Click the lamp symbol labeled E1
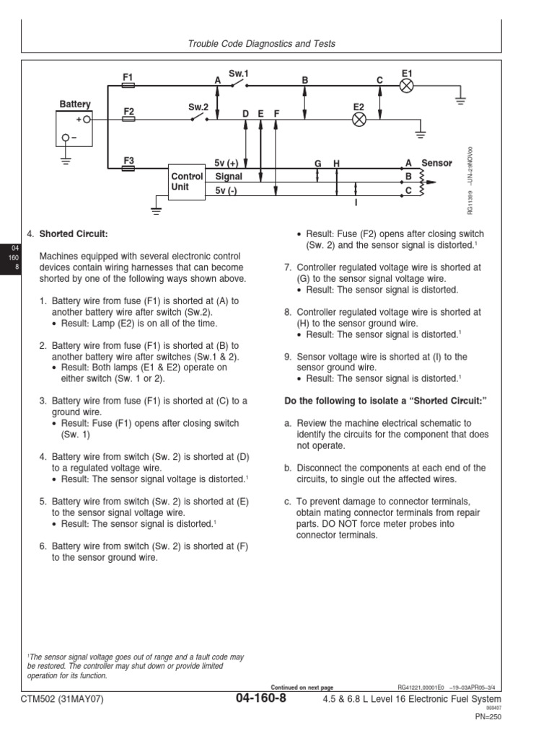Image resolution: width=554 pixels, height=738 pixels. [x=406, y=86]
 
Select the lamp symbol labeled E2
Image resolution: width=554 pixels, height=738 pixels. [x=359, y=120]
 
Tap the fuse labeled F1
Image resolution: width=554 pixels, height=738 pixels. [x=129, y=85]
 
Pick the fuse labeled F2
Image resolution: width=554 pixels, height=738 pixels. [x=129, y=120]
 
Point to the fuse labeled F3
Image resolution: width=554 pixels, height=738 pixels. [x=129, y=168]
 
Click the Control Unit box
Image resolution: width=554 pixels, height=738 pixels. [x=186, y=181]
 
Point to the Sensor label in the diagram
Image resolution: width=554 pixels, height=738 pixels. [x=436, y=164]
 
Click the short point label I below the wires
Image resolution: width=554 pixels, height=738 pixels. [x=356, y=204]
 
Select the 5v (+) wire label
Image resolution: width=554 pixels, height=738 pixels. [x=231, y=164]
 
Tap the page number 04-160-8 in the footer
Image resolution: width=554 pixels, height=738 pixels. [x=260, y=698]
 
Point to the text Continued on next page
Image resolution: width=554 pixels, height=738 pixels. [x=302, y=687]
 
